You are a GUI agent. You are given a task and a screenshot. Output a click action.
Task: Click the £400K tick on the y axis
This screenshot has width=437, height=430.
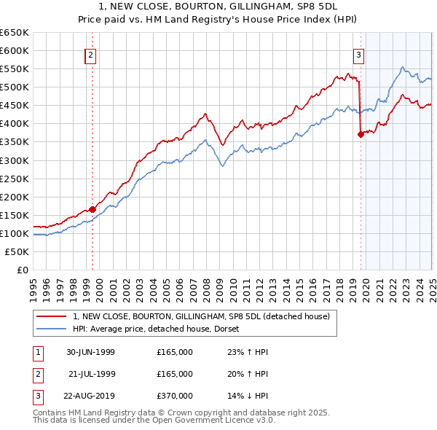(15, 123)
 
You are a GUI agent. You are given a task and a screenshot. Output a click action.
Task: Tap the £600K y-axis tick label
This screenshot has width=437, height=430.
(15, 50)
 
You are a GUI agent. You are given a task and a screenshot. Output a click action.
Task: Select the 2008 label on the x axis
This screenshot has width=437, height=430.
(206, 285)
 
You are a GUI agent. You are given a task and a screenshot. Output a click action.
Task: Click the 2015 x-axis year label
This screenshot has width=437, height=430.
(299, 285)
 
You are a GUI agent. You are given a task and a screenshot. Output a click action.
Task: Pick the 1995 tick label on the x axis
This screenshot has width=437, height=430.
(34, 285)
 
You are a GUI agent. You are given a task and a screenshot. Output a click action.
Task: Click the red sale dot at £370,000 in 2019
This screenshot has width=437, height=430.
(361, 133)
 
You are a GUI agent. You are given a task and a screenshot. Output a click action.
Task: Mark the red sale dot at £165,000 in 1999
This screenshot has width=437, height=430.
(92, 209)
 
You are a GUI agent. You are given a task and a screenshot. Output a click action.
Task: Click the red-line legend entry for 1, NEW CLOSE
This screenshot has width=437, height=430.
(201, 316)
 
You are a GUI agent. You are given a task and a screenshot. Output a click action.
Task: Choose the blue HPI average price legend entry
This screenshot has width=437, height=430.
(161, 329)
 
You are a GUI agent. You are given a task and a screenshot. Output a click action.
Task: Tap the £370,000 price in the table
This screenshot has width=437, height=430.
(174, 396)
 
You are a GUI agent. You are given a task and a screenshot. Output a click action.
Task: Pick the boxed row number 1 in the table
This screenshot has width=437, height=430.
(36, 352)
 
